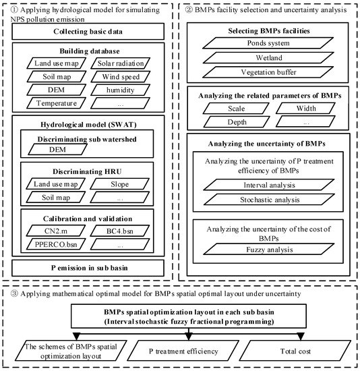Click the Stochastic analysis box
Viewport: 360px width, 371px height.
coord(266,199)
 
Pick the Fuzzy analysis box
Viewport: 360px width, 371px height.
coord(266,250)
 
